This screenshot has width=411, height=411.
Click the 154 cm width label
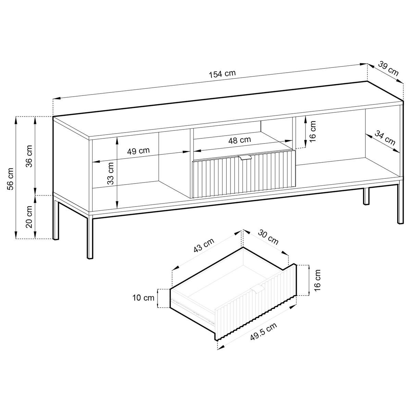[x=223, y=73]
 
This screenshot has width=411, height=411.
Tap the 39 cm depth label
[x=388, y=68]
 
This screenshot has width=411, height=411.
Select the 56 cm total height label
[x=11, y=178]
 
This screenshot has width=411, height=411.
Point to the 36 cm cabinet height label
[x=30, y=155]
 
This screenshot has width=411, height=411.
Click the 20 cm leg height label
[x=30, y=216]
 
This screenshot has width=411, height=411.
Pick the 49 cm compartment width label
[x=138, y=151]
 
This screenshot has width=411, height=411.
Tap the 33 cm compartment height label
[x=110, y=173]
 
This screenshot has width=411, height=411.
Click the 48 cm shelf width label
[x=240, y=140]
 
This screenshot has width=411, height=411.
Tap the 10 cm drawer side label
[x=144, y=298]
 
